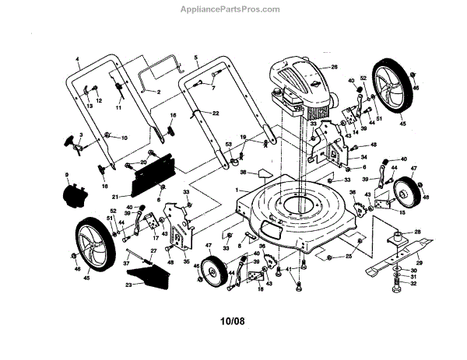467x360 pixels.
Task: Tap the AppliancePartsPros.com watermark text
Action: (x=233, y=10)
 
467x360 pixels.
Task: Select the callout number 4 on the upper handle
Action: (x=78, y=59)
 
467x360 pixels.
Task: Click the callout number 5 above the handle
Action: (x=196, y=58)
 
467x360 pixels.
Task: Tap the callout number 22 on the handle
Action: (x=215, y=114)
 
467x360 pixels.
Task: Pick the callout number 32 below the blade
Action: (x=413, y=284)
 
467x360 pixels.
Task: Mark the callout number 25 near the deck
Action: (x=349, y=256)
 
